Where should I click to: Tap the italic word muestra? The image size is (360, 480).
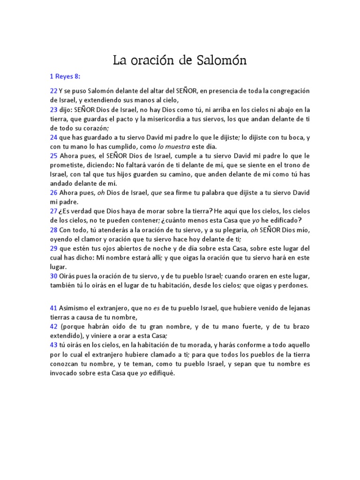coord(186,146)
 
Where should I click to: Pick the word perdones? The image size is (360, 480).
coord(291,285)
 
